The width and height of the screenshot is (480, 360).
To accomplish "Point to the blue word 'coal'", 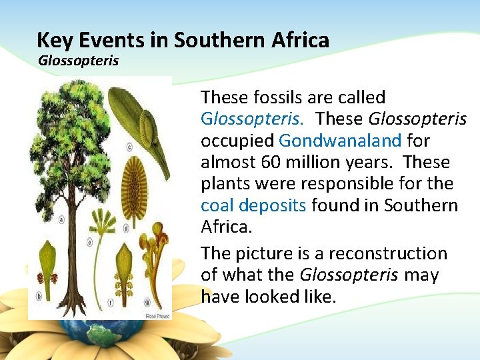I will tap(217, 205).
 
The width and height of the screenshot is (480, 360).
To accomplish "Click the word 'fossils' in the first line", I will tap(276, 98).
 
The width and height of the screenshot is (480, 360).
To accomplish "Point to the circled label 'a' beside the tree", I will tap(61, 217).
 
